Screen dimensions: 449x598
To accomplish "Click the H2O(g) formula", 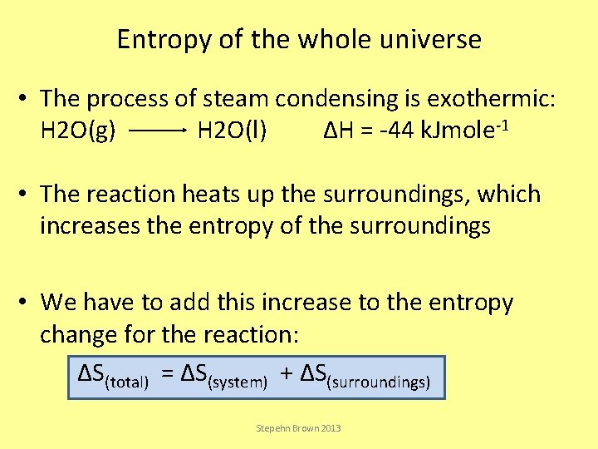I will pyautogui.click(x=77, y=131).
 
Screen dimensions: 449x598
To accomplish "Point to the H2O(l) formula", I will pyautogui.click(x=232, y=131).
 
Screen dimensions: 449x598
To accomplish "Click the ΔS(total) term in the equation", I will pyautogui.click(x=113, y=377).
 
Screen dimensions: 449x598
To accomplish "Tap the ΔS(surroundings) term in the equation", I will pyautogui.click(x=365, y=377).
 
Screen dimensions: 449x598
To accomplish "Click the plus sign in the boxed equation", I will pyautogui.click(x=286, y=375).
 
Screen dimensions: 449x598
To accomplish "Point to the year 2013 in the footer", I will pyautogui.click(x=329, y=428).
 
